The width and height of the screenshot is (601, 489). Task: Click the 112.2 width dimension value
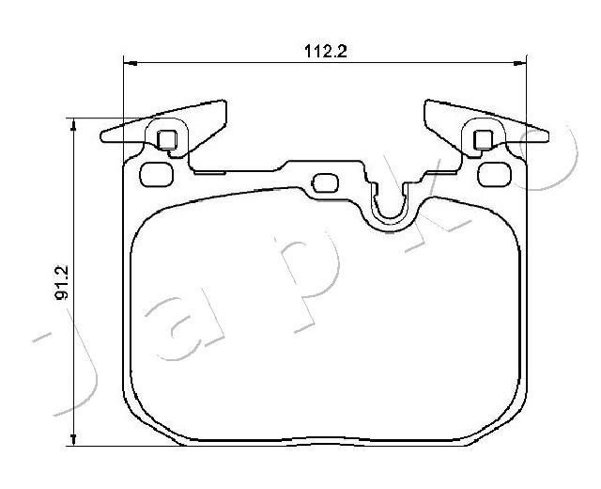326,52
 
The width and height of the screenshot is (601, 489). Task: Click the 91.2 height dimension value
63,282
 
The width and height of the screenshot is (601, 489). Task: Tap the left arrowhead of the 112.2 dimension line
131,63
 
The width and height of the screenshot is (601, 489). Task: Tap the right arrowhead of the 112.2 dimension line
519,63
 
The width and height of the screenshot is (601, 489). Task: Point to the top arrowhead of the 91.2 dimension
73,125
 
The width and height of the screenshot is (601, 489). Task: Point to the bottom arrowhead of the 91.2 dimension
73,439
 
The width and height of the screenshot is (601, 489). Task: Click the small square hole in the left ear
167,140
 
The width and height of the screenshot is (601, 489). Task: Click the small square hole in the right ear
484,140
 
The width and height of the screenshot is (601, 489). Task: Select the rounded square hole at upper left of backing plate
157,175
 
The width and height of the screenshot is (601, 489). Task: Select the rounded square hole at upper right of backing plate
495,175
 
